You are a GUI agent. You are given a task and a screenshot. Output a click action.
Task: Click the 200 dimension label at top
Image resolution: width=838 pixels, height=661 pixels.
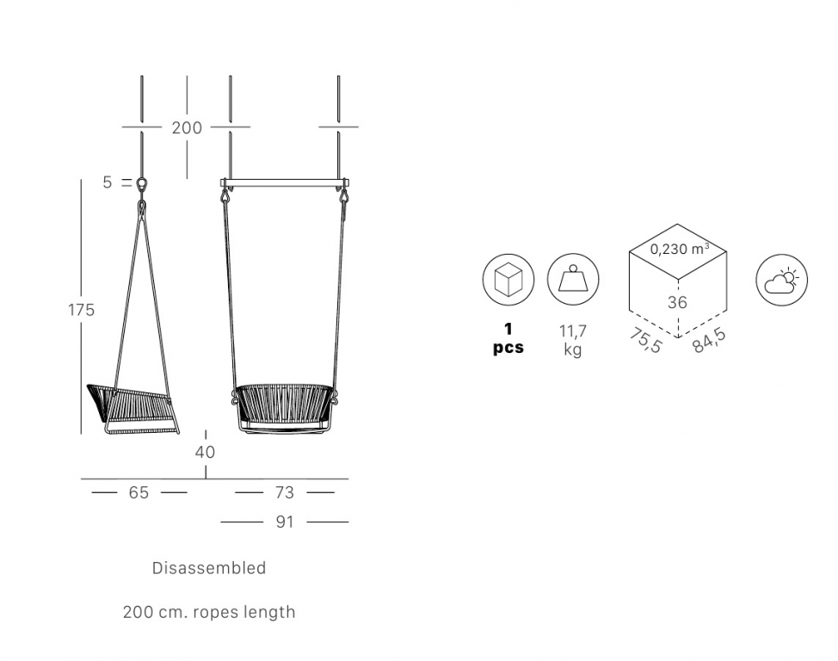187,128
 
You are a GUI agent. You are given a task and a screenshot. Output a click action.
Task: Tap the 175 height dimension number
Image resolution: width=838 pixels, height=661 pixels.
81,310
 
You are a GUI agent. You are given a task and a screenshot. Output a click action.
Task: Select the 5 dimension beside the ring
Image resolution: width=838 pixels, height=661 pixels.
108,182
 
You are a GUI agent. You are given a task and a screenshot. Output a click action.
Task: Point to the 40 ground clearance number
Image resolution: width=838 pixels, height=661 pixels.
206,452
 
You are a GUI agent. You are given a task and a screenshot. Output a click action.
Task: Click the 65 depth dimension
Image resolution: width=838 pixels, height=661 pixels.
139,492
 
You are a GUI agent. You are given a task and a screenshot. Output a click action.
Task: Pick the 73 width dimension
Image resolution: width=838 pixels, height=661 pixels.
285,492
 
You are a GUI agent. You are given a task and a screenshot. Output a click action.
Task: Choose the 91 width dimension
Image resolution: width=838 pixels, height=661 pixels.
285,522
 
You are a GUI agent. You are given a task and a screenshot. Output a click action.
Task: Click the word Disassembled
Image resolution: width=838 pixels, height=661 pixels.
209,567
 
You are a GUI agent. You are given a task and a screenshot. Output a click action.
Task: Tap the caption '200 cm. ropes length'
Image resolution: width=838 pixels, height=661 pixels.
209,612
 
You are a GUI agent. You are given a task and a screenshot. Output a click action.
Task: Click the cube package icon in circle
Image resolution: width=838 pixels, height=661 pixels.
508,280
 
